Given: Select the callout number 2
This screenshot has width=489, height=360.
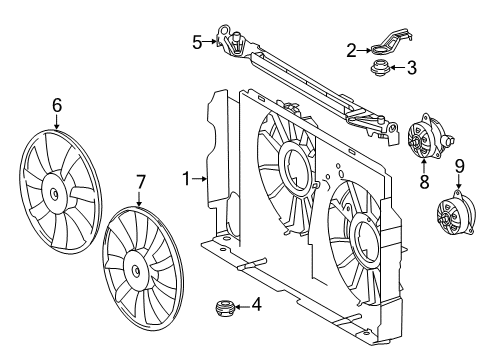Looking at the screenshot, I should [351, 49].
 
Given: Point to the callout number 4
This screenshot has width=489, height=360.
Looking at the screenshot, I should [257, 306].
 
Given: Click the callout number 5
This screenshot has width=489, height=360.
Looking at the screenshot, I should [197, 42].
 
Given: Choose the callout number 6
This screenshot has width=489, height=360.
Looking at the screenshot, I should [57, 103].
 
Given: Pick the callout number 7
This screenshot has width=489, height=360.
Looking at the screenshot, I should [140, 183].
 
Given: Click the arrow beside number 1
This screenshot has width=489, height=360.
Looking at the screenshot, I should [201, 179].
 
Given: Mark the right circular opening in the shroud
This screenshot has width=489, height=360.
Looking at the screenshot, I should [357, 241].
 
